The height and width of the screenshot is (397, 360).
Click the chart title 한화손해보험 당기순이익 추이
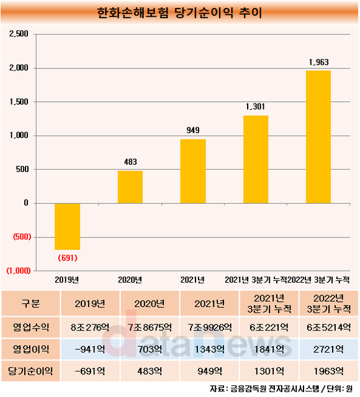[x=179, y=12]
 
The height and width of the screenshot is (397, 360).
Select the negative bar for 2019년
[x=67, y=226]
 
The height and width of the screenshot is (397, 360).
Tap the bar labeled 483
[x=130, y=187]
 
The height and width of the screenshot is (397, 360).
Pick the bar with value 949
[x=193, y=171]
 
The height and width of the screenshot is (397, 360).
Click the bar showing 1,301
[x=256, y=160]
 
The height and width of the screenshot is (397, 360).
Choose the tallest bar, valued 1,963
[x=318, y=137]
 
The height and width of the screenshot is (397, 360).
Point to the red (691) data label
[x=68, y=258]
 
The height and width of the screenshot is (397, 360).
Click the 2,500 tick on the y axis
[x=19, y=34]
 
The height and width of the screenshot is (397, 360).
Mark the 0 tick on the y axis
[x=26, y=203]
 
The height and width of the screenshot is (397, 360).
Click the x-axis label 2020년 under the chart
[x=130, y=280]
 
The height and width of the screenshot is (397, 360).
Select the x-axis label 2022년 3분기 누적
[x=319, y=280]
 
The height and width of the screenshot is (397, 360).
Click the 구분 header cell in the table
[x=30, y=303]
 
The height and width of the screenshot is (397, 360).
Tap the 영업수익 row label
[x=30, y=327]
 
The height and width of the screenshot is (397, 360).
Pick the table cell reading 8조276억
[x=90, y=327]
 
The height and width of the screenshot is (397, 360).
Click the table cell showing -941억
[x=90, y=349]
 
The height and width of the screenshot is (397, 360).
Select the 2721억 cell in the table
[x=328, y=349]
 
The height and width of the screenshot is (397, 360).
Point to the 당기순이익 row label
[x=30, y=371]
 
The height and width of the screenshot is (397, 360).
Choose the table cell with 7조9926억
[x=209, y=327]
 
